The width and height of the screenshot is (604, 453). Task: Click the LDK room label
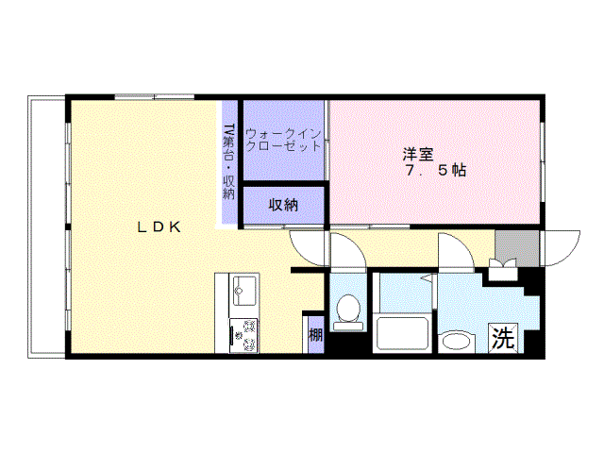click(x=160, y=226)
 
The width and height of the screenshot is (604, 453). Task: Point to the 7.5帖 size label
click(x=435, y=172)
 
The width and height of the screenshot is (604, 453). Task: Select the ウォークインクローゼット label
click(x=282, y=140)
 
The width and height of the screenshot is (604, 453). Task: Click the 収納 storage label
click(x=283, y=205)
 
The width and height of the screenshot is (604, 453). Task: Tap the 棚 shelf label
click(x=315, y=334)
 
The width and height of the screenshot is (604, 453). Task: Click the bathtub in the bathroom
click(x=403, y=334)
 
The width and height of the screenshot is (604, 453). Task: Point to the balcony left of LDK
click(x=47, y=226)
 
